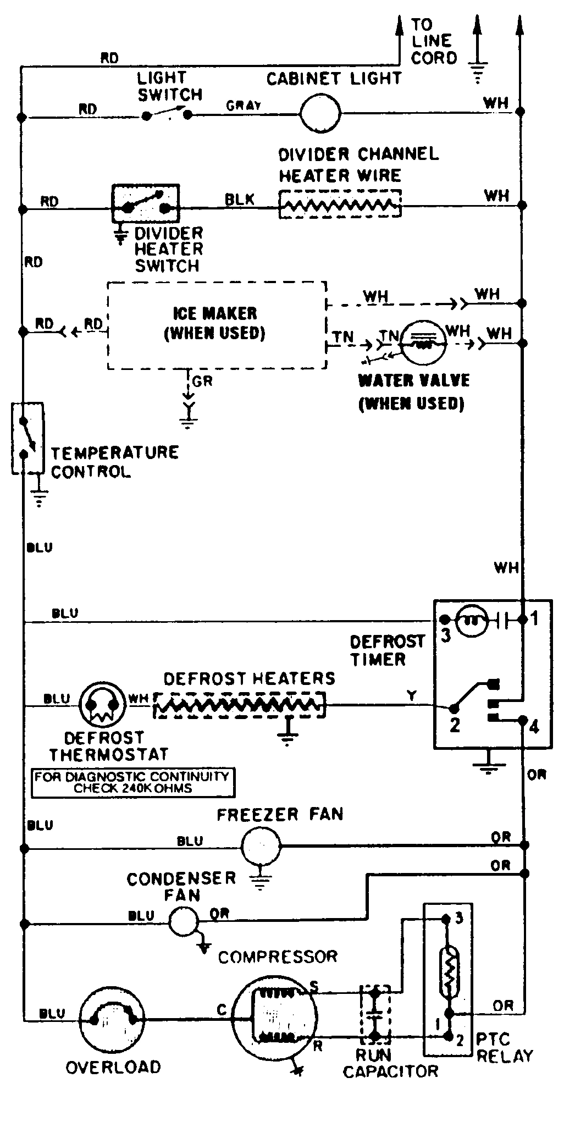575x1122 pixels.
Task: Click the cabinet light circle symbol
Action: point(320,113)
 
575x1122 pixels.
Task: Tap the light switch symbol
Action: point(167,114)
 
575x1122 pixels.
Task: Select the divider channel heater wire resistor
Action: point(340,205)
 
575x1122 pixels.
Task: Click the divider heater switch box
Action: point(145,203)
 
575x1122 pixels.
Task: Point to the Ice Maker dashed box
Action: point(217,325)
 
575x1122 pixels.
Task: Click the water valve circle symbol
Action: point(423,343)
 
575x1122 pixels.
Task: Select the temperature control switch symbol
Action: point(27,438)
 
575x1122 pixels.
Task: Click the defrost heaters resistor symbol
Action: point(239,705)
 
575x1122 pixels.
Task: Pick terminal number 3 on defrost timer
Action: point(445,635)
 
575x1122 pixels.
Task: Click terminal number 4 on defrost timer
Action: point(534,727)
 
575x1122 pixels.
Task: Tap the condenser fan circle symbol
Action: point(183,920)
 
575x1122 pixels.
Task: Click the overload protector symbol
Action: point(113,1018)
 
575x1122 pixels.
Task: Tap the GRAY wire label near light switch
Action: point(244,106)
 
